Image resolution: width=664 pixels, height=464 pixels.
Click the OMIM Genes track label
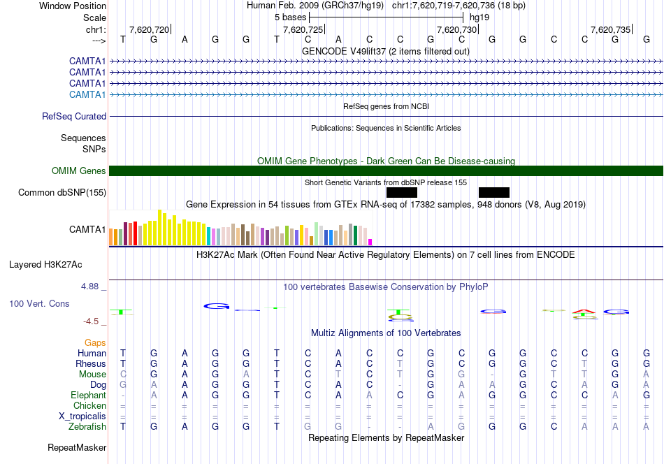[79, 171]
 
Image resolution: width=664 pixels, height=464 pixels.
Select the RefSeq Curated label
[74, 116]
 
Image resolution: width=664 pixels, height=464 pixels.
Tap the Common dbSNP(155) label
[62, 192]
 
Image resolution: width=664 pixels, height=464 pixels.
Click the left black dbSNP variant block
[401, 192]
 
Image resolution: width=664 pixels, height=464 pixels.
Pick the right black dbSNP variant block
[494, 192]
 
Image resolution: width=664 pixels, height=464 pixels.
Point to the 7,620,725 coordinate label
[303, 29]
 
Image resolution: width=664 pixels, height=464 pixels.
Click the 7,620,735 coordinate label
[610, 29]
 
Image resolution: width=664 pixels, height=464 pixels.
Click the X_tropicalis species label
[82, 416]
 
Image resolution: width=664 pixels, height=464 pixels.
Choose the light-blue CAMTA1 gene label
[87, 94]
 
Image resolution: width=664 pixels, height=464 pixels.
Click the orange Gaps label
[95, 342]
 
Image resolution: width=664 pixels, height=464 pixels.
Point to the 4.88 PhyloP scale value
[92, 287]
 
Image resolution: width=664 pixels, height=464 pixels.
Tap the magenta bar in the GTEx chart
[370, 242]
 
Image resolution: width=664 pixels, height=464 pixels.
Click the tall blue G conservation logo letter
[216, 305]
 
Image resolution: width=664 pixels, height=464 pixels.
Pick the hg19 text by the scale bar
[479, 16]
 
